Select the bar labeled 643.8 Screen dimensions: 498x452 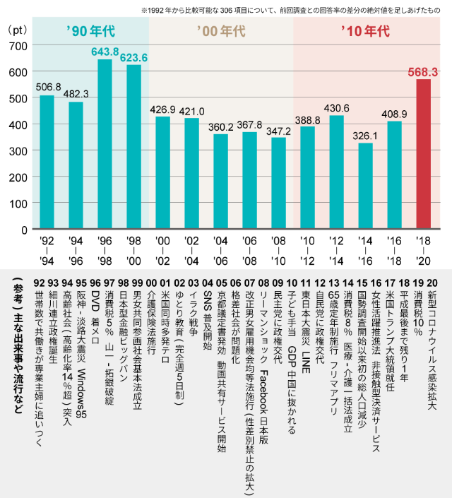[x=105, y=144]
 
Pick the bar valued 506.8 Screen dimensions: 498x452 [x=47, y=162]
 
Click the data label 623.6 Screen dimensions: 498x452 [x=133, y=57]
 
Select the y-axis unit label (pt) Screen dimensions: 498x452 [x=16, y=30]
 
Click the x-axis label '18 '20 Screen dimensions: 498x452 [x=423, y=250]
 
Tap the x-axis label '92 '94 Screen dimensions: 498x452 [x=47, y=250]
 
